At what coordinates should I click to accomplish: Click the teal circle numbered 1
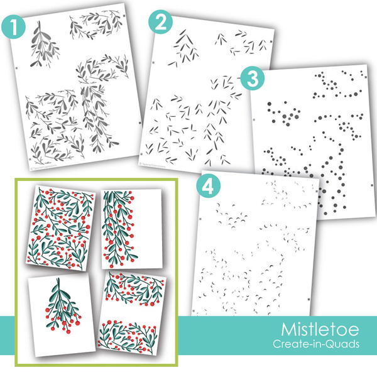click(13, 26)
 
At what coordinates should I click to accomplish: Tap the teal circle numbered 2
click(160, 22)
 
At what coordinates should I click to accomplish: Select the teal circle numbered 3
click(253, 79)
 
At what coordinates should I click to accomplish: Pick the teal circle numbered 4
click(209, 185)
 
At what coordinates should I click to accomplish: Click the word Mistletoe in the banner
click(320, 329)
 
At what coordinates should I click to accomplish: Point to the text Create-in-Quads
click(316, 344)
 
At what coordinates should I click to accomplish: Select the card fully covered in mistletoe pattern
click(60, 228)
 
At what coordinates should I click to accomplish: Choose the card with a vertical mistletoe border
click(131, 229)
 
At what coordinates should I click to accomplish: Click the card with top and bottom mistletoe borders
click(132, 314)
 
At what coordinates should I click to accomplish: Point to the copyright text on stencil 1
click(43, 167)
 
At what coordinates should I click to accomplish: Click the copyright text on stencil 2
click(153, 165)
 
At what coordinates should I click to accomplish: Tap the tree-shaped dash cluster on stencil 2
click(183, 48)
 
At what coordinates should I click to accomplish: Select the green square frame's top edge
click(96, 179)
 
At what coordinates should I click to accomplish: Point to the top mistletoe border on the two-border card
click(135, 289)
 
